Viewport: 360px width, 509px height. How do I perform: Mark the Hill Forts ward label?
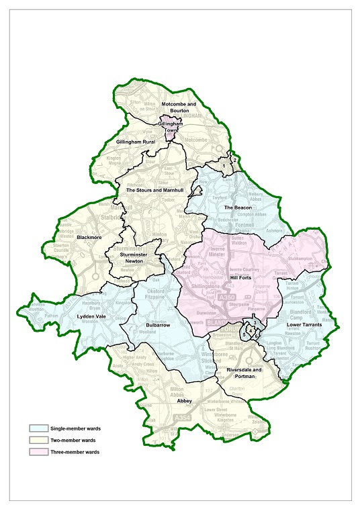[240, 276]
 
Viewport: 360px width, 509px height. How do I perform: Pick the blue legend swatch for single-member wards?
[39, 427]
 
